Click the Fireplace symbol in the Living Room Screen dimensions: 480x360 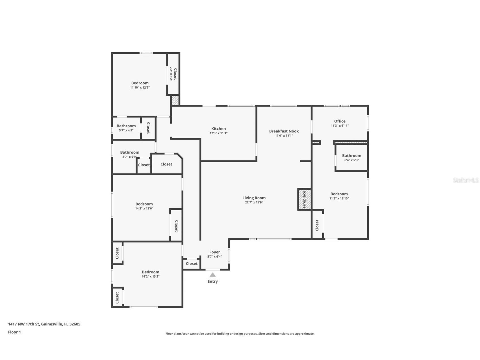click(x=304, y=199)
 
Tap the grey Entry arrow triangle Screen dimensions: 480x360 click(x=213, y=275)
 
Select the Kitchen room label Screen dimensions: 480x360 click(x=218, y=128)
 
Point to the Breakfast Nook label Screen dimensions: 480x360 click(x=284, y=131)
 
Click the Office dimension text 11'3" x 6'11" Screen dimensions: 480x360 click(x=340, y=126)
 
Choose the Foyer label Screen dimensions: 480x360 click(x=215, y=252)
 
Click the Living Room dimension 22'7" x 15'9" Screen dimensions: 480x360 click(x=254, y=202)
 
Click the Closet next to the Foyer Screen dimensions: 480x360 click(x=192, y=263)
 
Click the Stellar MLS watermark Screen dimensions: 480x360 click(x=466, y=180)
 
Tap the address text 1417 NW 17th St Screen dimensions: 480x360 click(x=24, y=324)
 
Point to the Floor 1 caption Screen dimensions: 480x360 click(x=14, y=332)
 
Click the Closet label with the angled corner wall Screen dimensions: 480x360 click(x=166, y=164)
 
